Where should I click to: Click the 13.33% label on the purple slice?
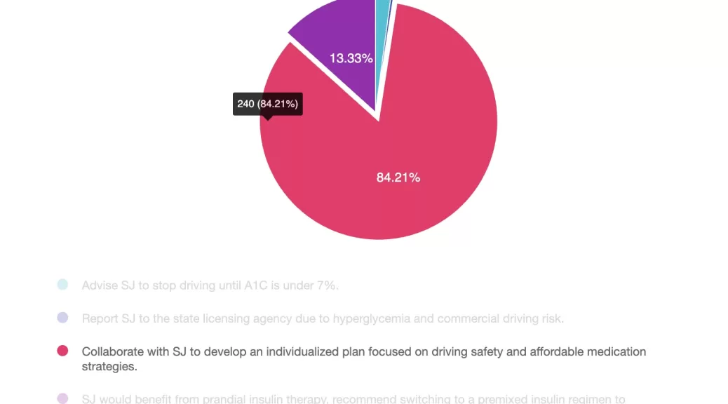[x=351, y=58]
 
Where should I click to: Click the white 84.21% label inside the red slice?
[x=398, y=177]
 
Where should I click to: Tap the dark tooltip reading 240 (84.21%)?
[x=267, y=104]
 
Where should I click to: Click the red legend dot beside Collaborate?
[x=62, y=351]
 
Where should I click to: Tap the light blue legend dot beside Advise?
[x=62, y=285]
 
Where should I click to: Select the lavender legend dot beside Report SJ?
[x=62, y=318]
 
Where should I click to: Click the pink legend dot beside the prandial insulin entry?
[x=62, y=399]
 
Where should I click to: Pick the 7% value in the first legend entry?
[x=327, y=285]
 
